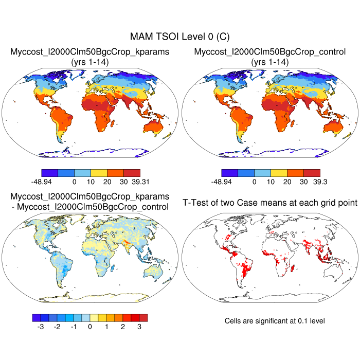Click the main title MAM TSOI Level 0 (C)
pos(179,37)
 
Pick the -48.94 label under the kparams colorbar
pos(42,182)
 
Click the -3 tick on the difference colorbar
pos(41,326)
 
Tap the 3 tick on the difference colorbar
pos(139,326)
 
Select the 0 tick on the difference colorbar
pos(90,326)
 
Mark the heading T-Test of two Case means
pos(270,203)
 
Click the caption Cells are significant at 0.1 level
pos(275,320)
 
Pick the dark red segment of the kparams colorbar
pos(132,172)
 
